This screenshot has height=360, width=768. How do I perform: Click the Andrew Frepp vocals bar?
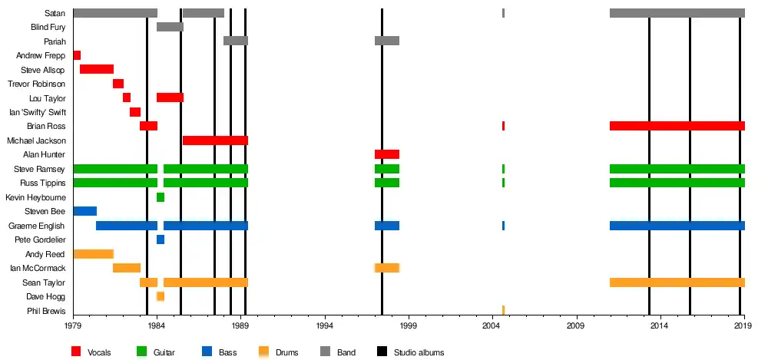click(77, 55)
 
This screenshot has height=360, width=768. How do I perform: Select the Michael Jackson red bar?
click(215, 140)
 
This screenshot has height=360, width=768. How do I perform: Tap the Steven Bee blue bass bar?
click(84, 211)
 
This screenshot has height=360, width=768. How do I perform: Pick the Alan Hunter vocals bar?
click(386, 154)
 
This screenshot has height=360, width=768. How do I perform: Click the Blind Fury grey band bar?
click(170, 27)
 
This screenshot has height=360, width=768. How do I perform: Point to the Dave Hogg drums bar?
click(161, 296)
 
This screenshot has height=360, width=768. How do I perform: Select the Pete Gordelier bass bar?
click(161, 239)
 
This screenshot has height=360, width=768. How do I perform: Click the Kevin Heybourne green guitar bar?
click(161, 197)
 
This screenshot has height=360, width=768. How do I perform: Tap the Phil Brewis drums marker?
click(503, 310)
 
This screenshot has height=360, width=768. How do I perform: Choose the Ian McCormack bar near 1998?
click(386, 268)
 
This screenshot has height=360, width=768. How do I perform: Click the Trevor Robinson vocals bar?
click(118, 84)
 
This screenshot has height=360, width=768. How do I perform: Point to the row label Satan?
click(55, 13)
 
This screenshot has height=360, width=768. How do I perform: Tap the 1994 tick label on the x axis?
click(325, 326)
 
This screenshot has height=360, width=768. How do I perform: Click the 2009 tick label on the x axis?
click(576, 326)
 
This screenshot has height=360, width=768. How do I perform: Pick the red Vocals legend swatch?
click(76, 352)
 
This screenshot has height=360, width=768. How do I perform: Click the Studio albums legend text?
click(419, 352)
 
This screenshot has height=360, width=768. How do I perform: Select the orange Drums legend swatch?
click(263, 352)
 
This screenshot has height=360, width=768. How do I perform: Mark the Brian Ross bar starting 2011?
click(677, 126)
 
